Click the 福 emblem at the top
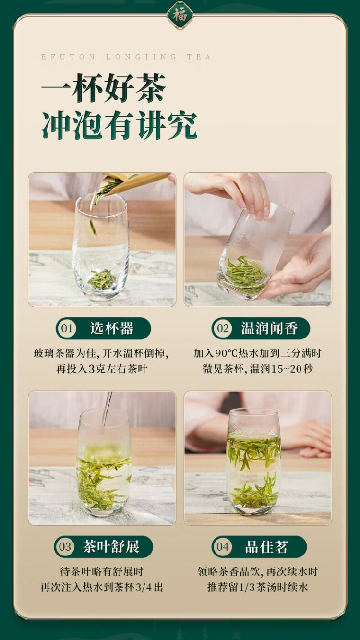click(180, 14)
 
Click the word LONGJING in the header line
click(141, 57)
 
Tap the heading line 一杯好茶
click(104, 88)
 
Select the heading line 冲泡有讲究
click(119, 125)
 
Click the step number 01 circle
click(67, 328)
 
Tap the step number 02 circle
click(223, 328)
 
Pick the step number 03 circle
click(65, 547)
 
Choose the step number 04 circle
click(223, 547)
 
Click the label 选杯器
click(112, 328)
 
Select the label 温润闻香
click(269, 328)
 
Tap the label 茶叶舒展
click(111, 547)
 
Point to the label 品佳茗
click(266, 547)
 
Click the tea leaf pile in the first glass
click(102, 279)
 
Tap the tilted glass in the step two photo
click(255, 251)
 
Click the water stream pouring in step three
click(107, 409)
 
